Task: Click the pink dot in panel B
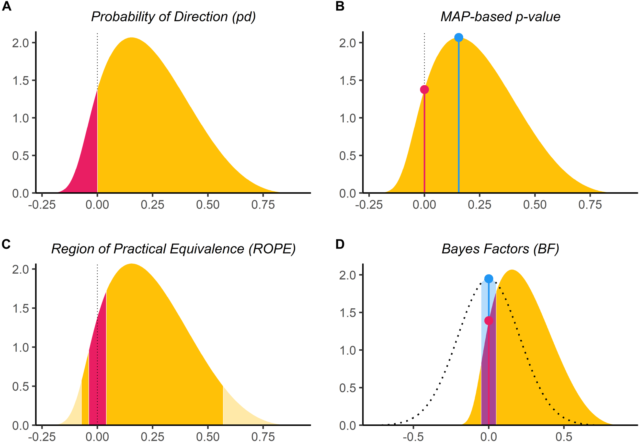[x=424, y=89]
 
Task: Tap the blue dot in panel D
[x=489, y=278]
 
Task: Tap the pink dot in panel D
[x=489, y=320]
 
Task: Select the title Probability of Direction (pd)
[x=173, y=17]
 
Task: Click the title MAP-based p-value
[x=500, y=17]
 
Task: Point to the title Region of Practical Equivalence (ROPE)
[x=173, y=249]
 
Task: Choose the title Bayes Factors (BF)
[x=500, y=249]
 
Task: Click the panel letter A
[x=6, y=6]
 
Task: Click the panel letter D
[x=340, y=244]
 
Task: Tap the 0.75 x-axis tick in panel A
[x=263, y=205]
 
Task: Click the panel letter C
[x=6, y=244]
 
